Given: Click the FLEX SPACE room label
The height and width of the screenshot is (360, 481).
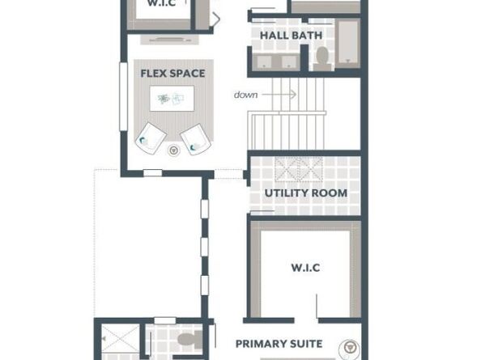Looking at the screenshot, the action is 172,74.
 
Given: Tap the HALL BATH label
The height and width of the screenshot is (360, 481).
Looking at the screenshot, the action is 292,36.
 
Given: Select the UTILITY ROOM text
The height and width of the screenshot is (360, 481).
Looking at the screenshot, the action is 306,193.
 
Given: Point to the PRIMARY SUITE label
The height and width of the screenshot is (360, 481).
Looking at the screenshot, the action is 279,344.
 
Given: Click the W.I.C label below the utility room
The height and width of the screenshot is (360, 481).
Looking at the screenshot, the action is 305,268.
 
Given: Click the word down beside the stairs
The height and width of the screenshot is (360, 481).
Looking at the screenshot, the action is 245,95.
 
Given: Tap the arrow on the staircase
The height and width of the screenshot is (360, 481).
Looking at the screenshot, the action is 279,95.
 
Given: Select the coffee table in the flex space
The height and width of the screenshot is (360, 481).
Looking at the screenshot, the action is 172,99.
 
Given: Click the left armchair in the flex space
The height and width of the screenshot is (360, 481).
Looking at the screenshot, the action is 151,138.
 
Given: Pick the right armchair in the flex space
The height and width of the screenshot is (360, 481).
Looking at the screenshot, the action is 195,139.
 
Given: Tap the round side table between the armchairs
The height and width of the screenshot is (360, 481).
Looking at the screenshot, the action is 173,150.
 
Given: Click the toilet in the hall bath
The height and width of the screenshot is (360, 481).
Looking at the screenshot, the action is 322,59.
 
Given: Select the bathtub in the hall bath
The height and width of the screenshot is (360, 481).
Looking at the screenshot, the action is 347,43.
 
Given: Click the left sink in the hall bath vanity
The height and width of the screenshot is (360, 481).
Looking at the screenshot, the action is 264,61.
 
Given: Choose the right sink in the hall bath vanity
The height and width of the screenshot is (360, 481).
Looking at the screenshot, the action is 288,61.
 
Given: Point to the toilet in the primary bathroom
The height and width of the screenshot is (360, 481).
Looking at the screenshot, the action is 189,340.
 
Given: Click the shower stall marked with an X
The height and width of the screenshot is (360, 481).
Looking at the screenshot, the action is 121,338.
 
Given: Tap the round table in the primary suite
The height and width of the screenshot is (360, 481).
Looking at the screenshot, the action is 349,348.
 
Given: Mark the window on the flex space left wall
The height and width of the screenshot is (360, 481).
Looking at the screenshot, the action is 123,96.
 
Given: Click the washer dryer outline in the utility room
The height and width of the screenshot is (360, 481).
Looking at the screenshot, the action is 299,169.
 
